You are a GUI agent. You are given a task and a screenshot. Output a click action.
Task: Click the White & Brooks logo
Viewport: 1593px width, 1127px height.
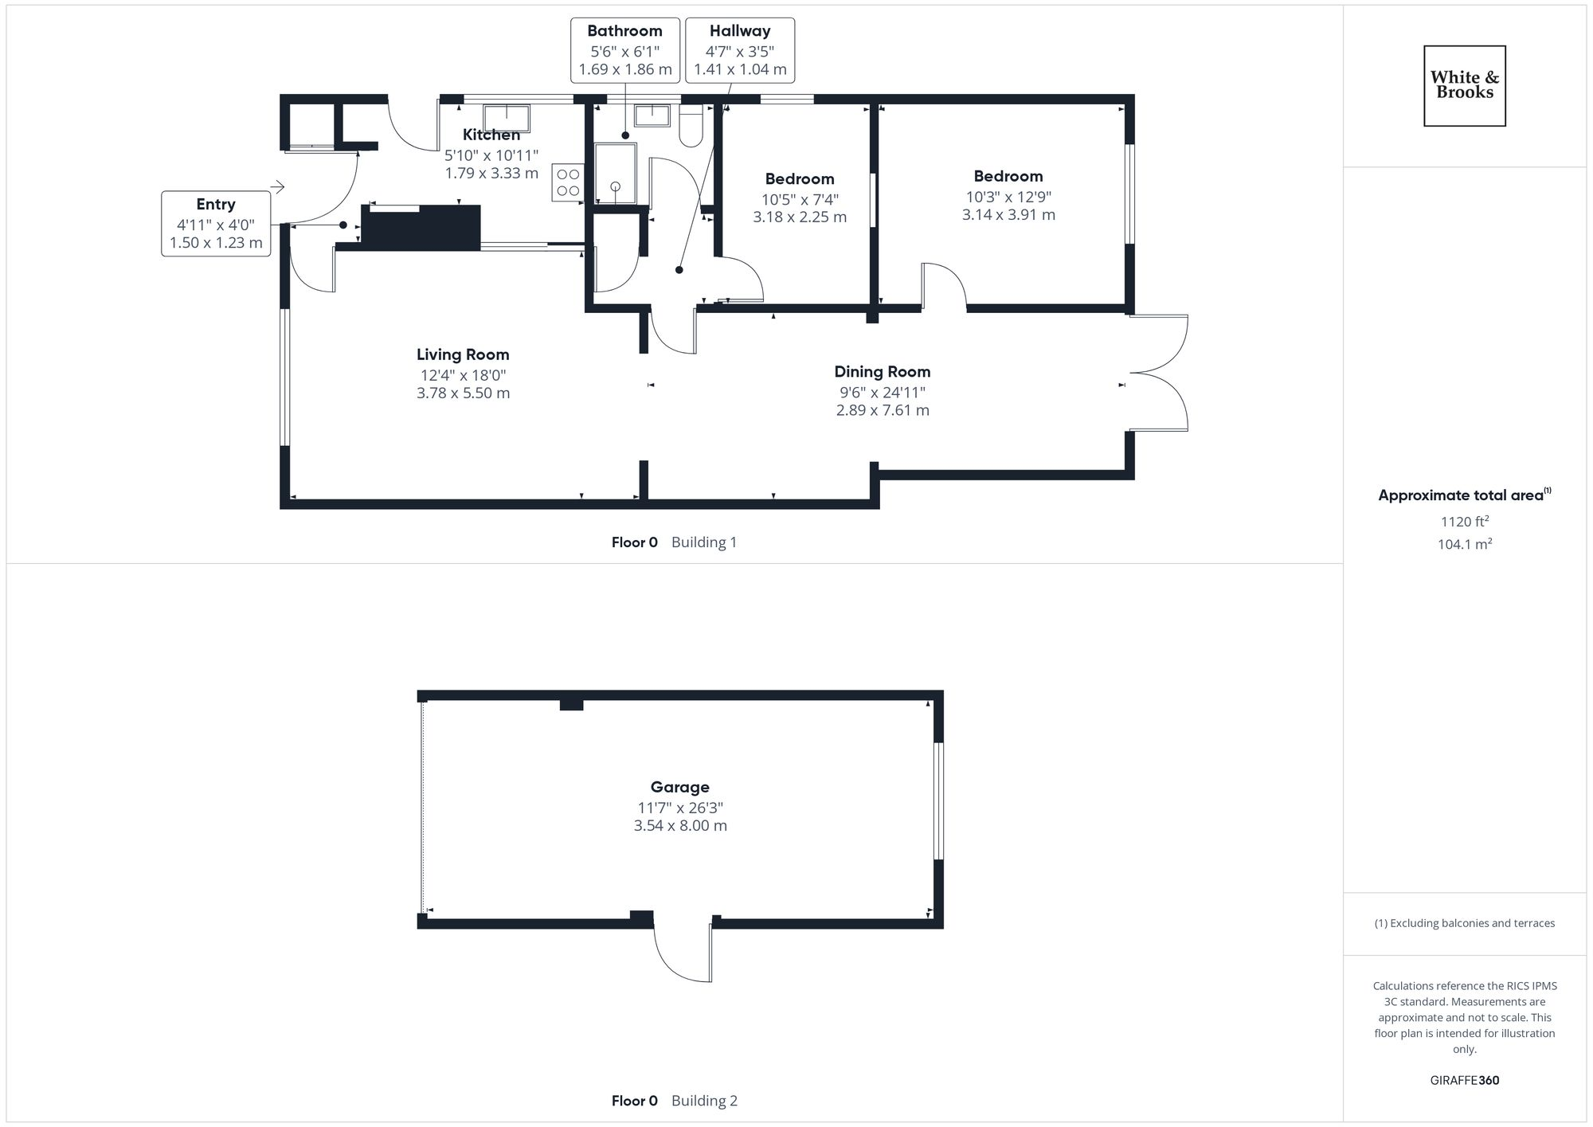pyautogui.click(x=1464, y=85)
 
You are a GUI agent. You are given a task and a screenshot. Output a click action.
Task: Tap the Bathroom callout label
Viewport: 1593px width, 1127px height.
pyautogui.click(x=625, y=50)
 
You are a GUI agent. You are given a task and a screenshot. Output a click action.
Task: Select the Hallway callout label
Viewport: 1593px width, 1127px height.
pyautogui.click(x=740, y=50)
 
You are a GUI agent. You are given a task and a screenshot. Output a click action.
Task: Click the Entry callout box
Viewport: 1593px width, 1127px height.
pyautogui.click(x=216, y=224)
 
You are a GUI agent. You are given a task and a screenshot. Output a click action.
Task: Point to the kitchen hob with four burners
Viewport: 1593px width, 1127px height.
pyautogui.click(x=568, y=182)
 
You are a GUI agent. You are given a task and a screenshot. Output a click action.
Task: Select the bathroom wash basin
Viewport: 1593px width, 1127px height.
pyautogui.click(x=652, y=115)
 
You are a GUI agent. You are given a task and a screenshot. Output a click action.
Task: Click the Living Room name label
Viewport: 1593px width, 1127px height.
pyautogui.click(x=463, y=354)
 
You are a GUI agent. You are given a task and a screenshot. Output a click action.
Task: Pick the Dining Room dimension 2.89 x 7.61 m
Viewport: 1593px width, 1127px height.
pyautogui.click(x=883, y=410)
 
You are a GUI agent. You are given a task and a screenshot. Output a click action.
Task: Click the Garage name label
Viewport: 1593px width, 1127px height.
pyautogui.click(x=679, y=787)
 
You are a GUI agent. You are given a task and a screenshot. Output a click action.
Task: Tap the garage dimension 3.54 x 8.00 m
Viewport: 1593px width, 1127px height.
pyautogui.click(x=680, y=826)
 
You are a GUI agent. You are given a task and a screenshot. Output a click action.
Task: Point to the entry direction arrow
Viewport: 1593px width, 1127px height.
pyautogui.click(x=277, y=188)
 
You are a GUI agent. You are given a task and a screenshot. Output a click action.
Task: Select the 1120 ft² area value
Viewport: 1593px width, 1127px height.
pyautogui.click(x=1464, y=522)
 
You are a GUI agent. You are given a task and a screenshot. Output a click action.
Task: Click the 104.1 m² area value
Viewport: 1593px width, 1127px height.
pyautogui.click(x=1464, y=545)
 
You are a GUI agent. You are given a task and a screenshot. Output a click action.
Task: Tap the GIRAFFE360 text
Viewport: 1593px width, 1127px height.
pyautogui.click(x=1464, y=1081)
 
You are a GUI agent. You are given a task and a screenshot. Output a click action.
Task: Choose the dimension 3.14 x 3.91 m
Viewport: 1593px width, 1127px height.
pyautogui.click(x=1008, y=215)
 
